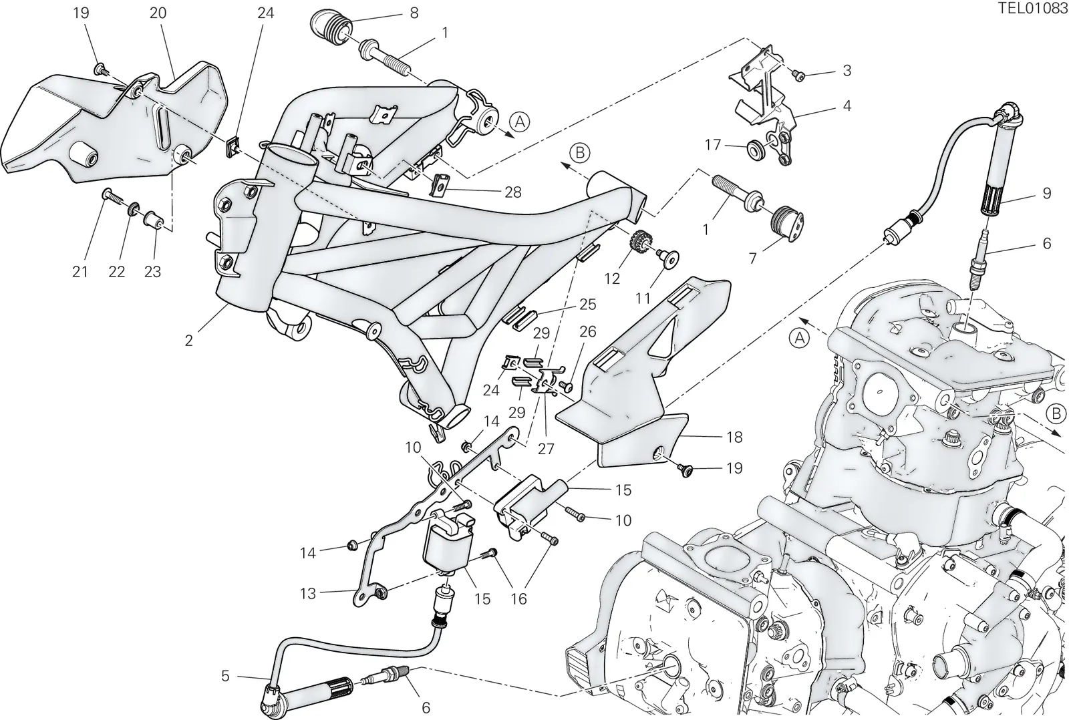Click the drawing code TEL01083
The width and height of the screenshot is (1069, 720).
pyautogui.click(x=1033, y=9)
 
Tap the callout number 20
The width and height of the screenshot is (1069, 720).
pyautogui.click(x=158, y=13)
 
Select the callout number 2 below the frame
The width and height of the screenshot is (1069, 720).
pyautogui.click(x=189, y=340)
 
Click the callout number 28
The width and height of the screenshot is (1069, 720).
pyautogui.click(x=513, y=192)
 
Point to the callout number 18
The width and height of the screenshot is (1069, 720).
pyautogui.click(x=734, y=437)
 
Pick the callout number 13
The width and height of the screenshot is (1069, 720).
pyautogui.click(x=308, y=594)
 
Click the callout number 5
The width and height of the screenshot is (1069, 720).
pyautogui.click(x=225, y=676)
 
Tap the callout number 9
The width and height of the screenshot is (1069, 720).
pyautogui.click(x=1046, y=193)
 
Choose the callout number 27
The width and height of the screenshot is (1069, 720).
pyautogui.click(x=546, y=449)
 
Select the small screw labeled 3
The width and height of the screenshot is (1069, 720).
pyautogui.click(x=798, y=74)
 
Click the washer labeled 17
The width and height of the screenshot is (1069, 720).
pyautogui.click(x=755, y=150)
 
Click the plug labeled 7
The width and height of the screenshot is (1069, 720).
pyautogui.click(x=788, y=224)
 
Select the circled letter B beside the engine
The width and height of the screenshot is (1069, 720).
pyautogui.click(x=1056, y=413)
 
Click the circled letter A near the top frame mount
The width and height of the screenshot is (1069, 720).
pyautogui.click(x=520, y=122)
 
